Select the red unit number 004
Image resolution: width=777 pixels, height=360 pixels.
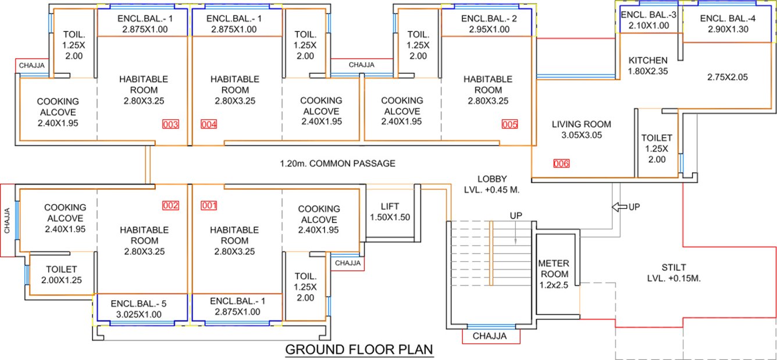coord(208,124)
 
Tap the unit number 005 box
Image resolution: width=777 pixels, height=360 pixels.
coord(509,124)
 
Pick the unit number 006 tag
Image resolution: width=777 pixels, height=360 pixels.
coord(561,163)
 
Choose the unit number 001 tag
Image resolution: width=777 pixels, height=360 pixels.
coord(208,205)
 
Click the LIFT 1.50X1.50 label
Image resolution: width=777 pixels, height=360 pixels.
coord(390,212)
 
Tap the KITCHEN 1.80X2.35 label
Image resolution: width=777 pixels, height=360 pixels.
coord(648,66)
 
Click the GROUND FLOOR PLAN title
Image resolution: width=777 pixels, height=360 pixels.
coord(359,350)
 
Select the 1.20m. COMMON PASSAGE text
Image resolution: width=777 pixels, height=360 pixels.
coord(337,163)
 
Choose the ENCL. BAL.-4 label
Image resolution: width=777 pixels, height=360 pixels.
coord(728,24)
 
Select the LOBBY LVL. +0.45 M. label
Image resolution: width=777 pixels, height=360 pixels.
coord(491,184)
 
